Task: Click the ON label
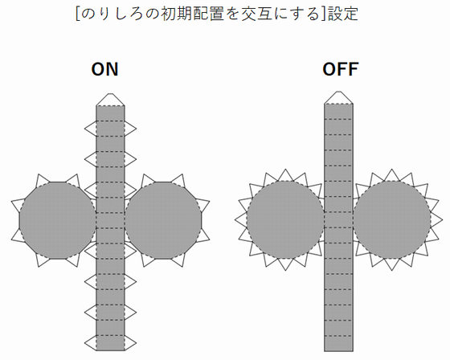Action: [x=104, y=69]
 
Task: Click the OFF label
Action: [x=341, y=69]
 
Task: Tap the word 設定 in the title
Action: [x=343, y=14]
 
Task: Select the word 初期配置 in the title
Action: [x=192, y=14]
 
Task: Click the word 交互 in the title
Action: [x=256, y=14]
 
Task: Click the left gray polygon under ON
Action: [x=57, y=220]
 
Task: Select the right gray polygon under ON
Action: [x=163, y=220]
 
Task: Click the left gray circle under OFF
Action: [x=285, y=219]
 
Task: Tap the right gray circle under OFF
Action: [x=392, y=219]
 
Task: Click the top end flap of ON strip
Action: [x=110, y=100]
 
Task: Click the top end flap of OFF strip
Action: [x=338, y=97]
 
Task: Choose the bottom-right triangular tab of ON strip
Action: [x=129, y=342]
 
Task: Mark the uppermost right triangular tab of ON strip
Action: [x=129, y=129]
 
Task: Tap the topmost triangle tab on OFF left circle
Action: [x=285, y=176]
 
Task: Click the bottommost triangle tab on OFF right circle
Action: [x=392, y=264]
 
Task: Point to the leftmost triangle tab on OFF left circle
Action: [x=242, y=220]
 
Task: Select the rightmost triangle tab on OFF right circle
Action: [x=436, y=220]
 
